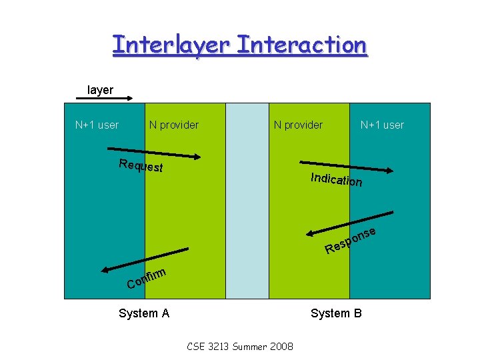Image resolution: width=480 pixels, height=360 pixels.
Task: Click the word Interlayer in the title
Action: [x=171, y=45]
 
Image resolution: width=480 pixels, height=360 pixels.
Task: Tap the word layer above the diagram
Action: [x=100, y=90]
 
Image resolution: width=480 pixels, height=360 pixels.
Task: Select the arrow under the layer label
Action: [x=105, y=99]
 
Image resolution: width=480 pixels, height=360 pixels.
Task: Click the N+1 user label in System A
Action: [x=97, y=125]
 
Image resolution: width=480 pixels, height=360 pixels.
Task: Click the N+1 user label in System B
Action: [x=382, y=125]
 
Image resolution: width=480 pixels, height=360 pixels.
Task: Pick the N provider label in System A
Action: [x=173, y=125]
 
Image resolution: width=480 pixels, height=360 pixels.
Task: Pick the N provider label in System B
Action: [x=297, y=125]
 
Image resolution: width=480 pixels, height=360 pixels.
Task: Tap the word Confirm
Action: [x=146, y=278]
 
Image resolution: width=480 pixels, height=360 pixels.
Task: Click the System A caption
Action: [x=143, y=313]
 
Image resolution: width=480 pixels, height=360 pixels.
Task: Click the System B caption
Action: [x=336, y=313]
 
